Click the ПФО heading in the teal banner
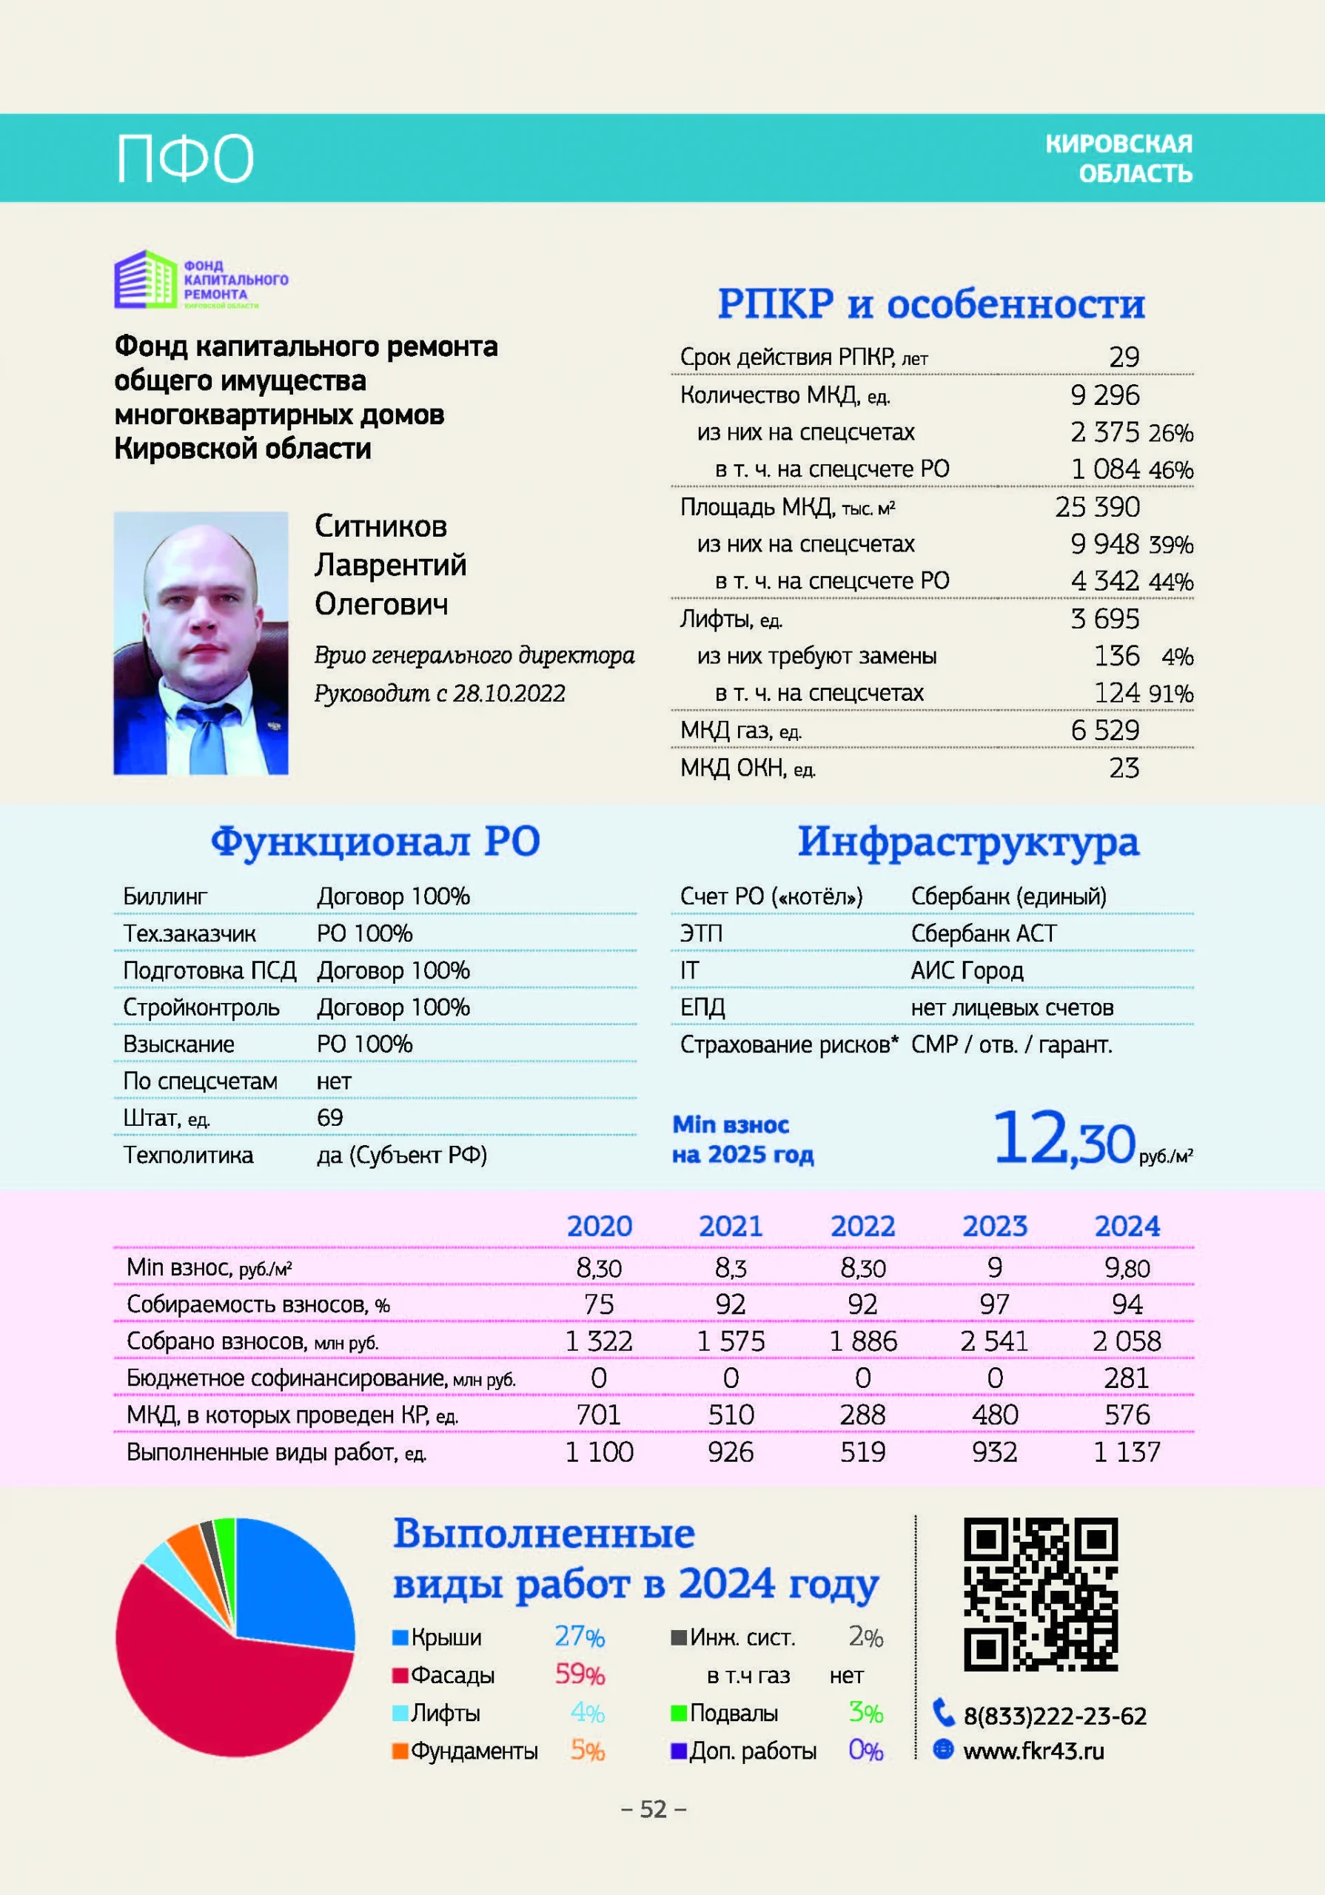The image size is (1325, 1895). point(184,158)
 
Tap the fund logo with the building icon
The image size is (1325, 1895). point(201,280)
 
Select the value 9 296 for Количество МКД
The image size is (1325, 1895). point(1104,395)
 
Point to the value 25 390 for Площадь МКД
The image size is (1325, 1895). point(1097,507)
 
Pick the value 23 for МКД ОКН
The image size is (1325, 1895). point(1124,768)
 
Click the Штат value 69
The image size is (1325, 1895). point(329,1118)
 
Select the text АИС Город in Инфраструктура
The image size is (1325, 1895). point(967,970)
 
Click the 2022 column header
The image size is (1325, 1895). point(862,1227)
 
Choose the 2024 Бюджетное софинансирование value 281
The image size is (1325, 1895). point(1127,1378)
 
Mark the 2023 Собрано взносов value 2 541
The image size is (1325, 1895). point(994,1341)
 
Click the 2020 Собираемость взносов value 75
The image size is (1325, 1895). point(599,1304)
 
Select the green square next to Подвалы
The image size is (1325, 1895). point(679,1714)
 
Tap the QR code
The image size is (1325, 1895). point(1040,1594)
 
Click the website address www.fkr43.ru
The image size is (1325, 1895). point(1033,1751)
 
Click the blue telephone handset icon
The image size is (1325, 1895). point(943,1713)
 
